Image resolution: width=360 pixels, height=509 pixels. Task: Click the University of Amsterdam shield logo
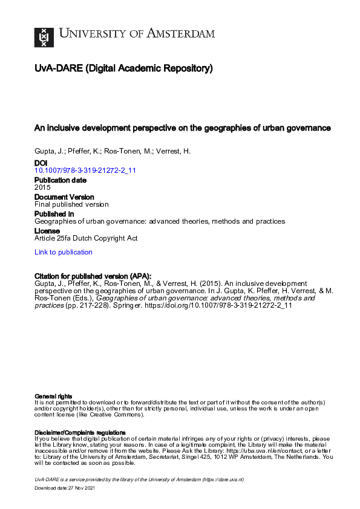[x=44, y=37]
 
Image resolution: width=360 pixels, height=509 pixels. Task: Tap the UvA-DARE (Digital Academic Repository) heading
[x=123, y=69]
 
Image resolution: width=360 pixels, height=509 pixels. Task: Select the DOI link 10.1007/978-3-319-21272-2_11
[x=85, y=170]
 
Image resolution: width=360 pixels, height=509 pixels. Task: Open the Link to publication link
[x=64, y=252]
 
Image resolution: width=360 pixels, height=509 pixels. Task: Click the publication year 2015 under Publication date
[x=43, y=187]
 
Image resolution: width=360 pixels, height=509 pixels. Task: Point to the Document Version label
[x=64, y=197]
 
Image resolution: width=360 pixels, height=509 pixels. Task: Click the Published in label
[x=54, y=214]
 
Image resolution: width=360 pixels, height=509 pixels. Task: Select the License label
[x=47, y=231]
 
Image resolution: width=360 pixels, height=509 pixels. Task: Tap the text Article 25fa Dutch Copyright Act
[x=86, y=238]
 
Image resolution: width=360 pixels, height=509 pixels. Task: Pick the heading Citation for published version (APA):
[x=93, y=274]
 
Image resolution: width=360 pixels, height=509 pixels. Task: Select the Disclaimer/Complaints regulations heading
[x=80, y=432]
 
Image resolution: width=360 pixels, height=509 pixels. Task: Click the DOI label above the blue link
[x=41, y=163]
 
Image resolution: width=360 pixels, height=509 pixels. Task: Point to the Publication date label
[x=60, y=180]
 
